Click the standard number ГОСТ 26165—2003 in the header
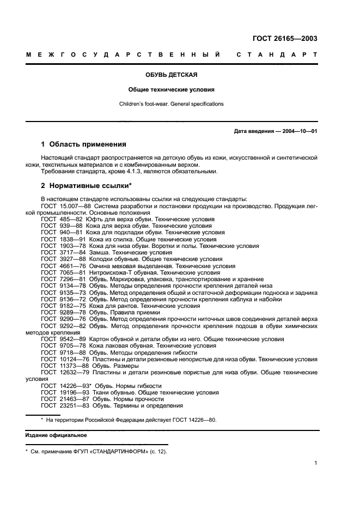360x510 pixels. click(285, 38)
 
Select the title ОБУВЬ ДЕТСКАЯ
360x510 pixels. click(172, 75)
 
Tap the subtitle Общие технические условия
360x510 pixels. click(172, 89)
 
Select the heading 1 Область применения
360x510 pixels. click(83, 144)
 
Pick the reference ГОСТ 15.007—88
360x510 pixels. click(66, 206)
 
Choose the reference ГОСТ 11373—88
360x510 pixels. click(64, 366)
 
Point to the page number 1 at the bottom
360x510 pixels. click(315, 463)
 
